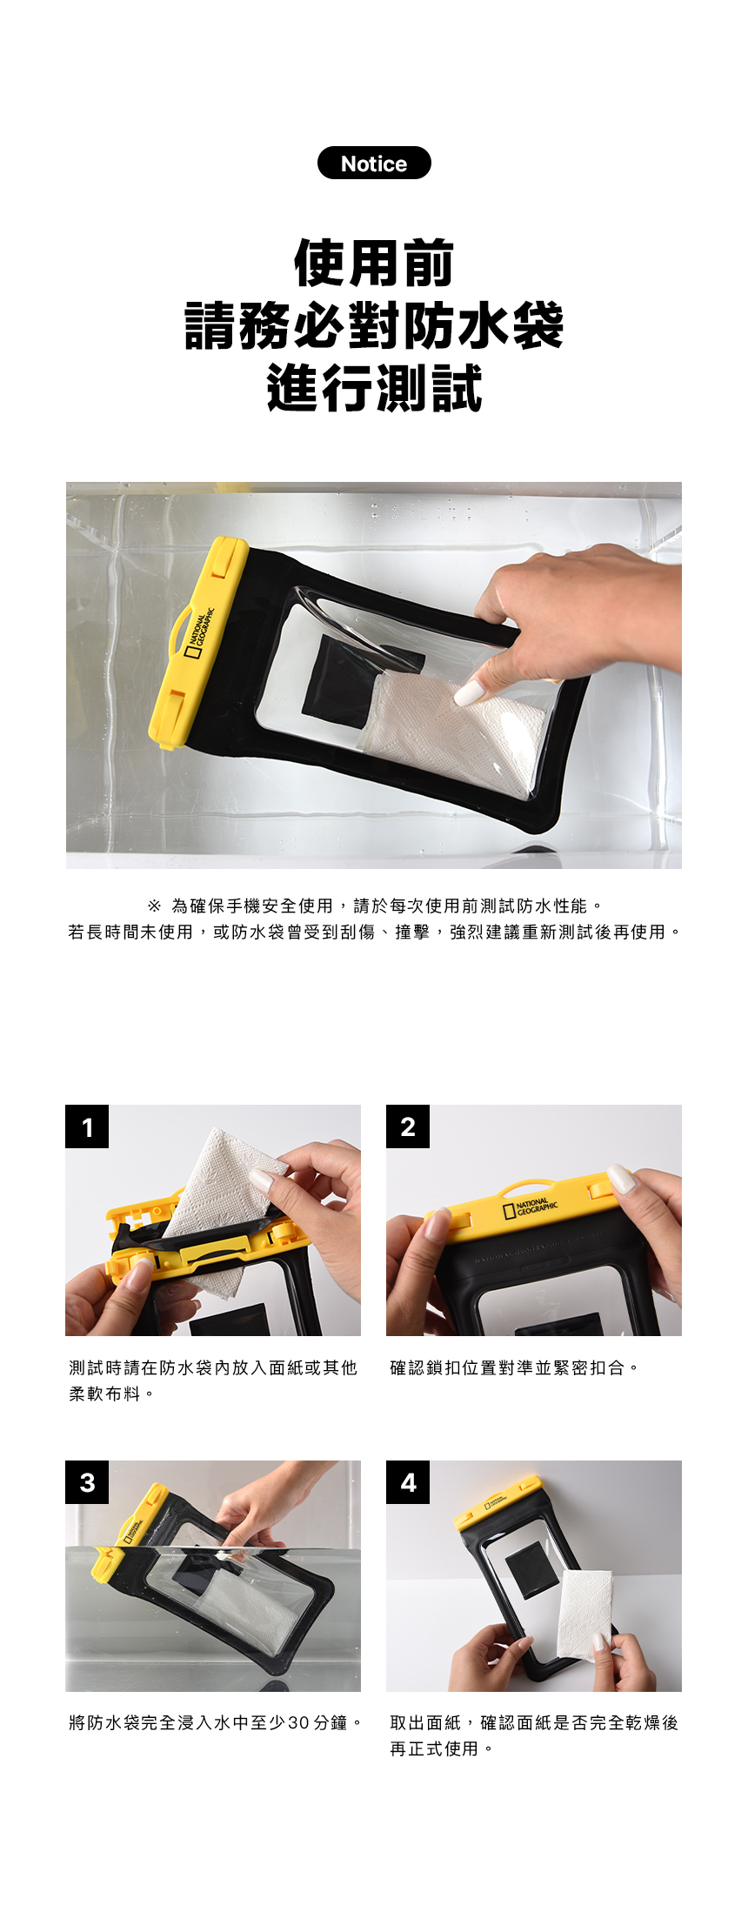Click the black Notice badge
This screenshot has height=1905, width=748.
pyautogui.click(x=374, y=163)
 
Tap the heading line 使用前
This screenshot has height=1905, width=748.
pyautogui.click(x=374, y=263)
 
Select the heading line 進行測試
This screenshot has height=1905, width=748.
pyautogui.click(x=374, y=388)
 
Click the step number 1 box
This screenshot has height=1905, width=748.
pyautogui.click(x=87, y=1126)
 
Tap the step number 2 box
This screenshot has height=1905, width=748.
pyautogui.click(x=408, y=1126)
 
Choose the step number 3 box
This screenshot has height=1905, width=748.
pyautogui.click(x=87, y=1482)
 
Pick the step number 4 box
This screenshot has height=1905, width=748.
pyautogui.click(x=408, y=1482)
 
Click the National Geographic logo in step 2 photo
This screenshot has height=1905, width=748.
pyautogui.click(x=531, y=1208)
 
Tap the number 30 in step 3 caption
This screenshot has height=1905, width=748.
pyautogui.click(x=298, y=1723)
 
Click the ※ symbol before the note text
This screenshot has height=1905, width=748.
pyautogui.click(x=154, y=906)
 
